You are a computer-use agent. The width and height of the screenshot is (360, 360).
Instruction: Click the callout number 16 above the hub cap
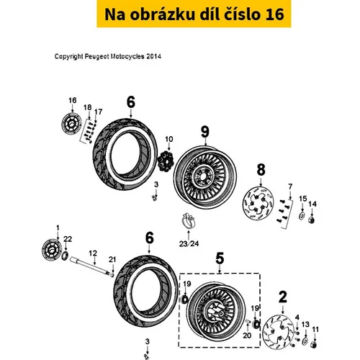[73, 100]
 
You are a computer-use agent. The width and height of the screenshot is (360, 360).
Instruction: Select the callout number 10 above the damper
[169, 139]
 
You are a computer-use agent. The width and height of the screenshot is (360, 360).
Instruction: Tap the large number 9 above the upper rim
[205, 132]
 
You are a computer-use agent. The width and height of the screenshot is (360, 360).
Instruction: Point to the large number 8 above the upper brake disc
[261, 169]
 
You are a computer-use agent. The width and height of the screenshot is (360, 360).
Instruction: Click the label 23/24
[189, 244]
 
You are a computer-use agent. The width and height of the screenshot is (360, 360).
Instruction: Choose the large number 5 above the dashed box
[220, 258]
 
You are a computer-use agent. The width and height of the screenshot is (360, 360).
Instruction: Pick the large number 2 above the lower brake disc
[283, 297]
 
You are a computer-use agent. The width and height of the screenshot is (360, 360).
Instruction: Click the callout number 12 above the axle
[93, 253]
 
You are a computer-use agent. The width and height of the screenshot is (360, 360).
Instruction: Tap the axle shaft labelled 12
[90, 267]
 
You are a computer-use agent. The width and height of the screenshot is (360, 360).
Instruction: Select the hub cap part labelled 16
[71, 124]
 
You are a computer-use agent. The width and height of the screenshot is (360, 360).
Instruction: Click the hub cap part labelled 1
[51, 250]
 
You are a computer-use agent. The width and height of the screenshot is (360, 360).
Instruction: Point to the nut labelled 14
[312, 220]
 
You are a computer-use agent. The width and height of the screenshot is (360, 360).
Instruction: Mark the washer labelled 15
[302, 215]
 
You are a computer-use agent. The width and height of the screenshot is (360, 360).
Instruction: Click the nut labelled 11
[314, 345]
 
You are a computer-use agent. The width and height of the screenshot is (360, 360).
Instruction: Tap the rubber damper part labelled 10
[166, 161]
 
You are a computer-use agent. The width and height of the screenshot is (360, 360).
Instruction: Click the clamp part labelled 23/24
[189, 220]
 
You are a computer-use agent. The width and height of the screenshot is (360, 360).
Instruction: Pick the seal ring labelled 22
[65, 256]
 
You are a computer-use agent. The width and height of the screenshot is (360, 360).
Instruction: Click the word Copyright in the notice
[69, 57]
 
